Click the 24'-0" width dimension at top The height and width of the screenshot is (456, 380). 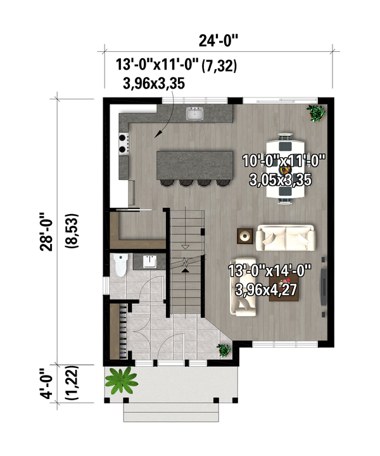click(218, 42)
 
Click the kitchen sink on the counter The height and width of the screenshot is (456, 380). click(194, 114)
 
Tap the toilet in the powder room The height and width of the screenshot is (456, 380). click(120, 265)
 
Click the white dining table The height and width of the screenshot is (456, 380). click(285, 168)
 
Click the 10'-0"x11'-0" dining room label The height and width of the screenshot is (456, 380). click(283, 161)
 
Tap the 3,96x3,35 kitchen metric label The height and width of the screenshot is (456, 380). click(155, 83)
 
